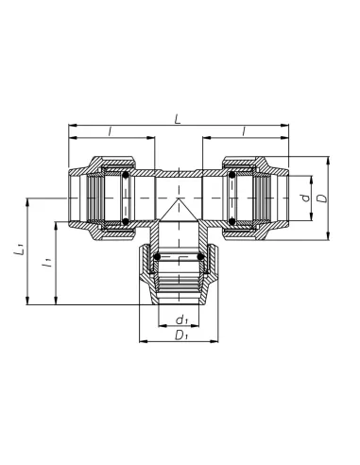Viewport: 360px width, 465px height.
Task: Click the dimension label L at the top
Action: click(178, 119)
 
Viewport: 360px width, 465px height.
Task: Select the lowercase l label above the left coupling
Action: click(110, 131)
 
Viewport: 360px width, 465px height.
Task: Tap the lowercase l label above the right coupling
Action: click(244, 131)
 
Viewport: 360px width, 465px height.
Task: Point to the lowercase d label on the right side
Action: click(305, 198)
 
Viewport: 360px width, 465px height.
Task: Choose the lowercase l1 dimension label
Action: click(46, 262)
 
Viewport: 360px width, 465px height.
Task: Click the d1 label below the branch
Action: click(181, 320)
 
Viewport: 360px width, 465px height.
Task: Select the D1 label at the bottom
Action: click(180, 336)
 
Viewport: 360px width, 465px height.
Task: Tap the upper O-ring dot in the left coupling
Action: click(126, 175)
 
